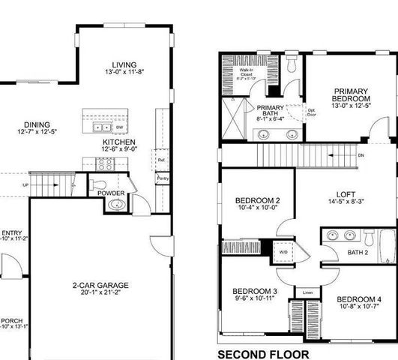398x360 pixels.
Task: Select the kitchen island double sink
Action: pyautogui.click(x=98, y=118)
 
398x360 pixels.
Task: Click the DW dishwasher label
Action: pyautogui.click(x=120, y=128)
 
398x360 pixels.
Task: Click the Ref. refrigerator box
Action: pyautogui.click(x=161, y=160)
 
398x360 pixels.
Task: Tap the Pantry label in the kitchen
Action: pyautogui.click(x=162, y=179)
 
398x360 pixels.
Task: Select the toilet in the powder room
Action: pyautogui.click(x=98, y=184)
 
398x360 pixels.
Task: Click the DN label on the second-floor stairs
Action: pyautogui.click(x=361, y=155)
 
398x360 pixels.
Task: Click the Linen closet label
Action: pyautogui.click(x=307, y=292)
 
